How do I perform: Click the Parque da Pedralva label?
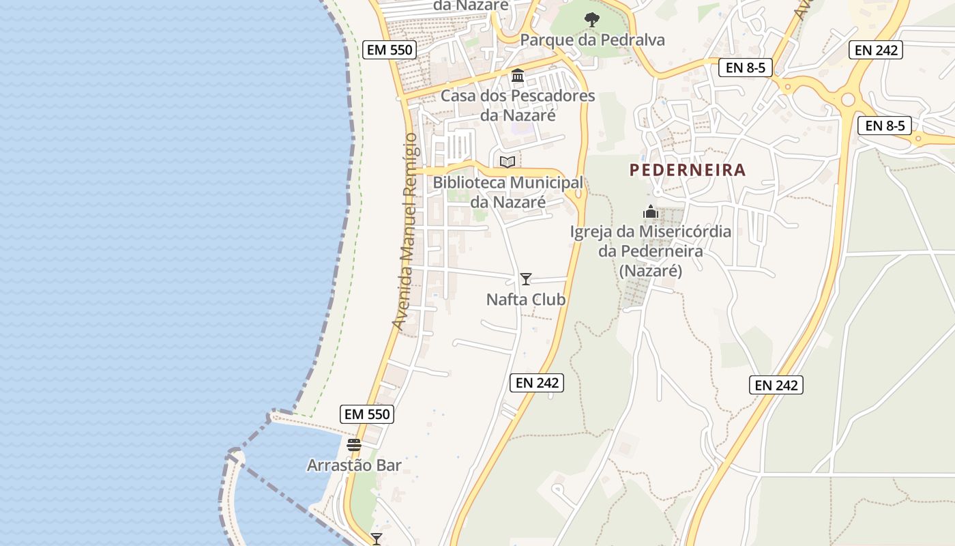592,40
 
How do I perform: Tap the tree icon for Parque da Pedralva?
592,19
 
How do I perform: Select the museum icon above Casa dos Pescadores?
518,75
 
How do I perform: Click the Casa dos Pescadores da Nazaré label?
518,105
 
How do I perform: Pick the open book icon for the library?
507,162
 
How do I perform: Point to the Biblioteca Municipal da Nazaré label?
508,192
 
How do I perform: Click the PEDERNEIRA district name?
688,170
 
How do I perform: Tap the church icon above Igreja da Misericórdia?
651,212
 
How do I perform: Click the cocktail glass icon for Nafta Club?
526,278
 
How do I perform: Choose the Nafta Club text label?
526,299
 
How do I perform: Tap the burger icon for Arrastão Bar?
353,445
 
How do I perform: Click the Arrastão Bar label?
354,465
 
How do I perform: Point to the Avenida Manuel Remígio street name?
407,232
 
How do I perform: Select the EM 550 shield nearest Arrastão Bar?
367,414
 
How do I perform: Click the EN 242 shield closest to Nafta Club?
538,383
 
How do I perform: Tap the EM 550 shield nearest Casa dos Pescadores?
389,49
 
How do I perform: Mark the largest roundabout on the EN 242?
848,100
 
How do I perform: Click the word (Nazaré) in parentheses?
651,271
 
